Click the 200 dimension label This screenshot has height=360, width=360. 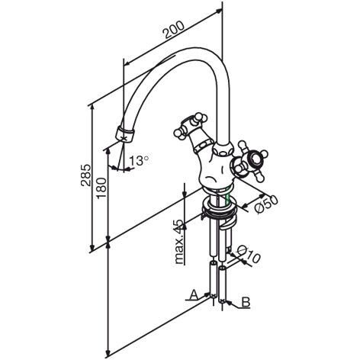point(174,30)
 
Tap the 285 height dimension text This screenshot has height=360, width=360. point(86,175)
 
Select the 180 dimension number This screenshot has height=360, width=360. point(101,188)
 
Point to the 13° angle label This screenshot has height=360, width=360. point(139,160)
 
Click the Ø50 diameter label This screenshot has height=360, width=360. point(266,204)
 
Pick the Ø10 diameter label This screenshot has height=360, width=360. point(249,254)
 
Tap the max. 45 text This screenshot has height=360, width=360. point(179,241)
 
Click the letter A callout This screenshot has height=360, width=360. point(194,294)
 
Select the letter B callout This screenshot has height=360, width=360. point(246,302)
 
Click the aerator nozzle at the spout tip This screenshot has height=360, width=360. point(124,133)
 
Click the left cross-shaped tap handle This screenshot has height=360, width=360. point(191,125)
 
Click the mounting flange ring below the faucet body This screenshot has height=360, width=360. point(220,208)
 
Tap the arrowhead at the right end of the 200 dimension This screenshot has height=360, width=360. point(218,11)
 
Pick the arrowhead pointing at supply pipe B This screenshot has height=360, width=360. point(229,302)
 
